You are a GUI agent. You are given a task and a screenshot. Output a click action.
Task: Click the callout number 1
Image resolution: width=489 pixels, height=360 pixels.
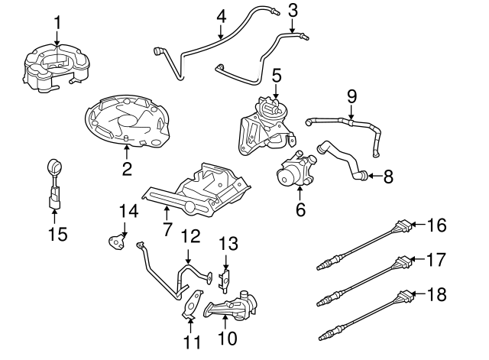click(x=57, y=13)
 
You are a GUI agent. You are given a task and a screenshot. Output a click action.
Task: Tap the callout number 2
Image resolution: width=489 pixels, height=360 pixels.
click(x=127, y=167)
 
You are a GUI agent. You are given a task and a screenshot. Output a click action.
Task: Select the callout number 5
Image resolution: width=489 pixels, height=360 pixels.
click(x=277, y=75)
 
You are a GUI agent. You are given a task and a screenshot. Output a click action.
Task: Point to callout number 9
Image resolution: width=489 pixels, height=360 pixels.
click(x=351, y=97)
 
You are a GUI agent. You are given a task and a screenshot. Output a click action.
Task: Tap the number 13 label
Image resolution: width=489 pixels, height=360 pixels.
click(x=228, y=243)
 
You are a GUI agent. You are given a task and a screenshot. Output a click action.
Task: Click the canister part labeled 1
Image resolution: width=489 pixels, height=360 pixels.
click(x=57, y=65)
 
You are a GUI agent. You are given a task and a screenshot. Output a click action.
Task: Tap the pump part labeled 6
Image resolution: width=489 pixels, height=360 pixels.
click(x=296, y=171)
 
